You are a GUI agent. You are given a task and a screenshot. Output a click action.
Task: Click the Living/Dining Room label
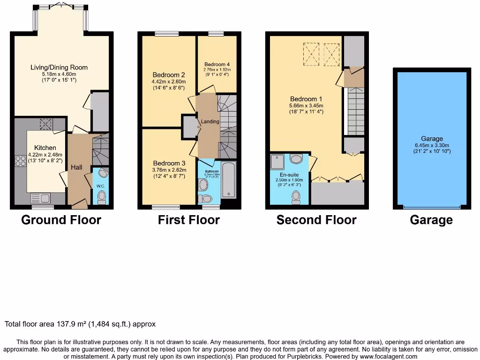pos(59,67)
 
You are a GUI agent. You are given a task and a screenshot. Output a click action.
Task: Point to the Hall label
pos(76,167)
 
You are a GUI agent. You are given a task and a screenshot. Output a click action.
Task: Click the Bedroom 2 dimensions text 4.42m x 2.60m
pos(168,82)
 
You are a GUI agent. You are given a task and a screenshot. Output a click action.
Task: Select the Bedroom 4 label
pos(217,64)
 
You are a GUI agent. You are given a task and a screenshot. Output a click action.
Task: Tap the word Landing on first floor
pos(210,121)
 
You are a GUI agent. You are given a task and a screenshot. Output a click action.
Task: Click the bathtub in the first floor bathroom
pos(228,180)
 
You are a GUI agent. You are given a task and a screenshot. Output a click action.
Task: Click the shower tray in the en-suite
pos(277,162)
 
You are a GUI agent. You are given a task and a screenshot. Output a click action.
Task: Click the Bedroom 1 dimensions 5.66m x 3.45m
pos(306,106)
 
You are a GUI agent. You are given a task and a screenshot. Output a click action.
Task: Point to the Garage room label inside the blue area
pos(432,139)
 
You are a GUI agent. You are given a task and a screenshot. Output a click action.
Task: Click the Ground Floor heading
pos(61,220)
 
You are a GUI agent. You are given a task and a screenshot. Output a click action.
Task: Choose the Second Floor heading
pos(316,220)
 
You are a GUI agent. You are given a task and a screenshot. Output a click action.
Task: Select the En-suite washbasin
pos(296,159)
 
